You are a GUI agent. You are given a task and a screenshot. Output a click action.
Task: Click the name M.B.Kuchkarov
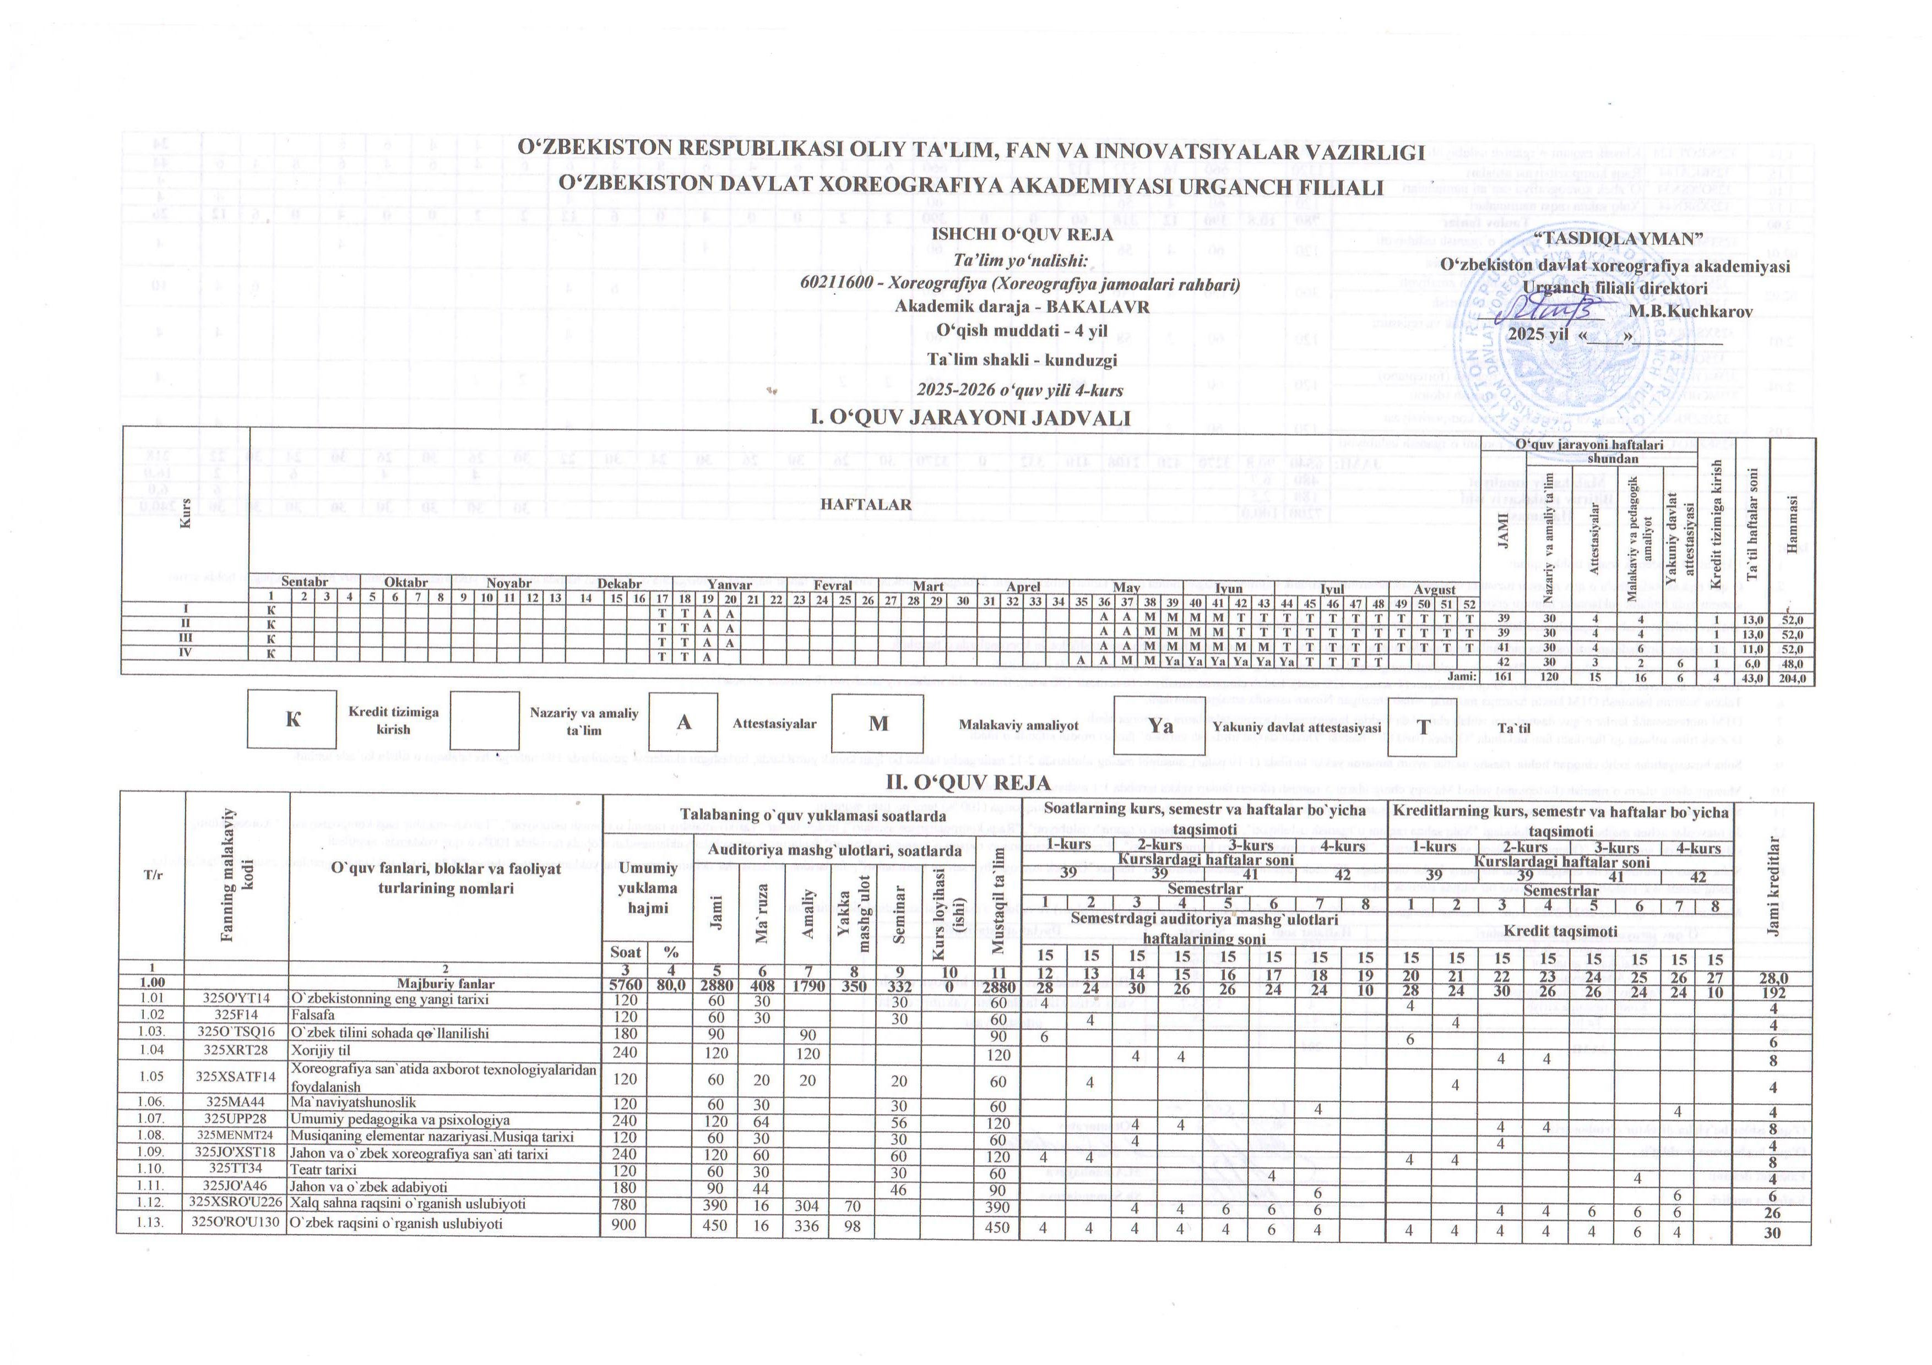click(1690, 310)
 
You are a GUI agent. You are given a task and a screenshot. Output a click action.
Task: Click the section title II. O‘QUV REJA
click(967, 782)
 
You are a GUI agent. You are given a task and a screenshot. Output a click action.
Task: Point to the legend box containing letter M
click(878, 723)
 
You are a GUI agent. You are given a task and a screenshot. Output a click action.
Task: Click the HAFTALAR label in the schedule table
click(866, 505)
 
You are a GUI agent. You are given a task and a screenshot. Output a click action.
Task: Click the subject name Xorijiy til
click(320, 1051)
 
